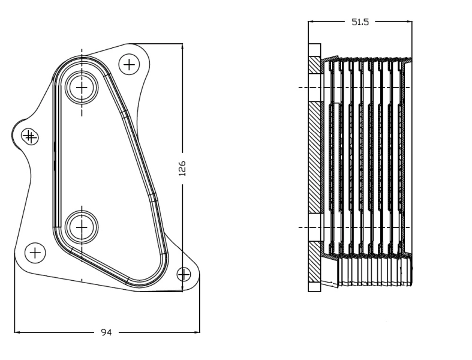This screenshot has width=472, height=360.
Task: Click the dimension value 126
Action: [183, 168]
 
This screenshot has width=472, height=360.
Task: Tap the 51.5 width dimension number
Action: [360, 22]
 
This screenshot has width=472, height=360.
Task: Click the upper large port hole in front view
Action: [82, 88]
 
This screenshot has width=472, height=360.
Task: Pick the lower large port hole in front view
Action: [82, 226]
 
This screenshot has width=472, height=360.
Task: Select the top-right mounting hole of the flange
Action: [130, 63]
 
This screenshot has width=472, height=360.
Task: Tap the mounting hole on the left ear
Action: [29, 137]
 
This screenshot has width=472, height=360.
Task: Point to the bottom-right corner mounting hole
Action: [184, 274]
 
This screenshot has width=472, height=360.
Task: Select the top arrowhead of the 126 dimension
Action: [182, 46]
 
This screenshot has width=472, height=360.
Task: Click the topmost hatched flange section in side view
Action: [315, 65]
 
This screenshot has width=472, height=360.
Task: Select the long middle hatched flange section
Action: [315, 157]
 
